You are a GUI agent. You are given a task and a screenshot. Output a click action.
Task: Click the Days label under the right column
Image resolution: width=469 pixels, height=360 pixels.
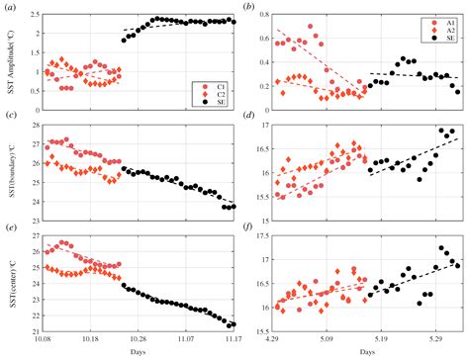click(x=367, y=351)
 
